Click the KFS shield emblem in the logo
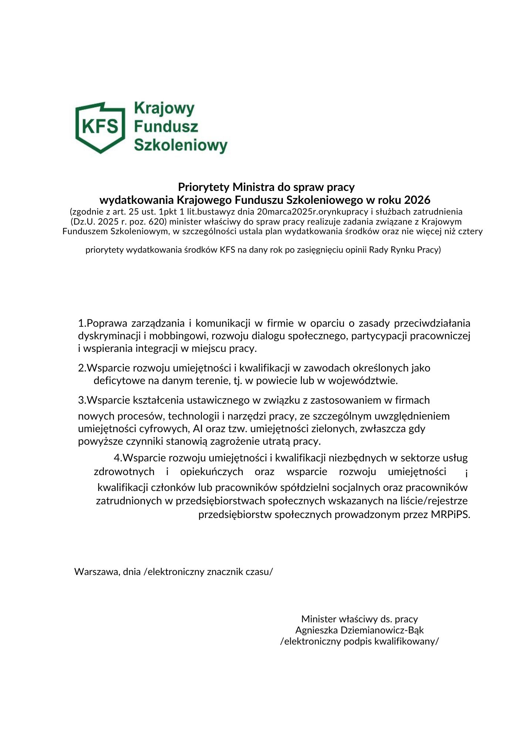(100, 127)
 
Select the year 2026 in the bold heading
(417, 200)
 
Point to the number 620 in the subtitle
(156, 222)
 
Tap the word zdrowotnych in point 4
(124, 472)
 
